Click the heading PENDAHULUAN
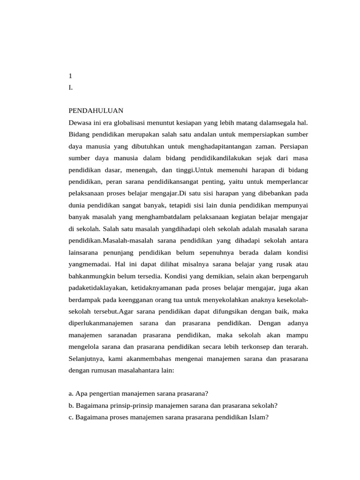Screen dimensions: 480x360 (x=96, y=111)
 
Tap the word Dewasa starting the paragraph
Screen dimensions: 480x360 (x=81, y=122)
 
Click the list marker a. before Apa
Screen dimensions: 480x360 (x=71, y=394)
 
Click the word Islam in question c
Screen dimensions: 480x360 (x=259, y=417)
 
